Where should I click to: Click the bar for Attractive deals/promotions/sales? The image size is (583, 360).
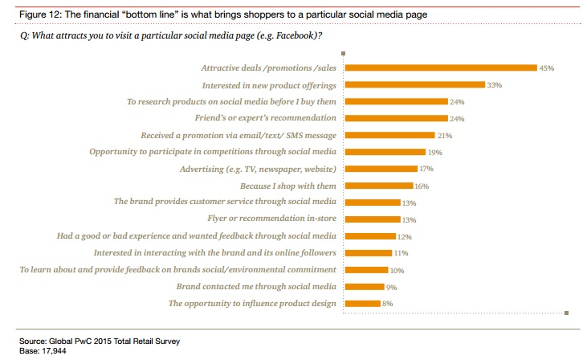[440, 67]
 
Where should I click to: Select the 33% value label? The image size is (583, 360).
[495, 84]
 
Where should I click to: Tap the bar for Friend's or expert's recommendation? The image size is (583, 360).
[396, 118]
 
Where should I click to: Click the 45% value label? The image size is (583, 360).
[547, 68]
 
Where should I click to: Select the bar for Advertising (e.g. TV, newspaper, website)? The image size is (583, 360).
[381, 169]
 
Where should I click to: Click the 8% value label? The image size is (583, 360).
[387, 304]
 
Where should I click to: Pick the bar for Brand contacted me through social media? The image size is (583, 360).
[365, 286]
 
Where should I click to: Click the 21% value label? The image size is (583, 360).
[444, 136]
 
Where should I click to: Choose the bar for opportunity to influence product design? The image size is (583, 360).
[362, 303]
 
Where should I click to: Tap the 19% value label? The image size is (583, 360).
[435, 152]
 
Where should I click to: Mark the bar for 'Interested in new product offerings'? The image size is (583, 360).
[414, 84]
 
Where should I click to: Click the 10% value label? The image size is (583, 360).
[397, 271]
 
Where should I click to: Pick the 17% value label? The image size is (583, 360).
[427, 170]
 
